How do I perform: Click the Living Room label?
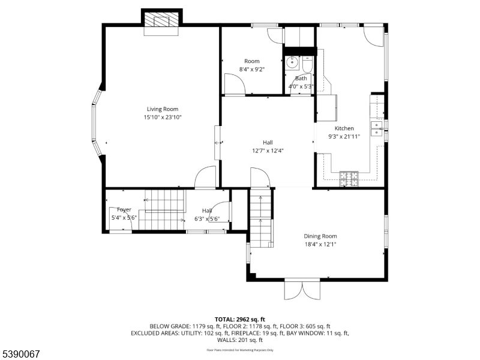(162, 109)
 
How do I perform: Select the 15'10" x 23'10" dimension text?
(162, 118)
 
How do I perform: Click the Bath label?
(301, 78)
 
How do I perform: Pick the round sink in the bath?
(292, 61)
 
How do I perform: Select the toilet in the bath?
(308, 62)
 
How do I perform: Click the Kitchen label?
(344, 128)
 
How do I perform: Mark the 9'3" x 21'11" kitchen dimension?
(344, 137)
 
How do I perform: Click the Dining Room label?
(320, 236)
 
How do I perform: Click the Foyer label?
(124, 209)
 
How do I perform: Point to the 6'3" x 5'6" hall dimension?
(207, 219)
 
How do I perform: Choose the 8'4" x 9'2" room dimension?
(251, 70)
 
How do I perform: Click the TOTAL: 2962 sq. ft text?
(239, 319)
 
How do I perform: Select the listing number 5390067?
(21, 354)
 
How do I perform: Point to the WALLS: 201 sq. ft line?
(240, 340)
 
